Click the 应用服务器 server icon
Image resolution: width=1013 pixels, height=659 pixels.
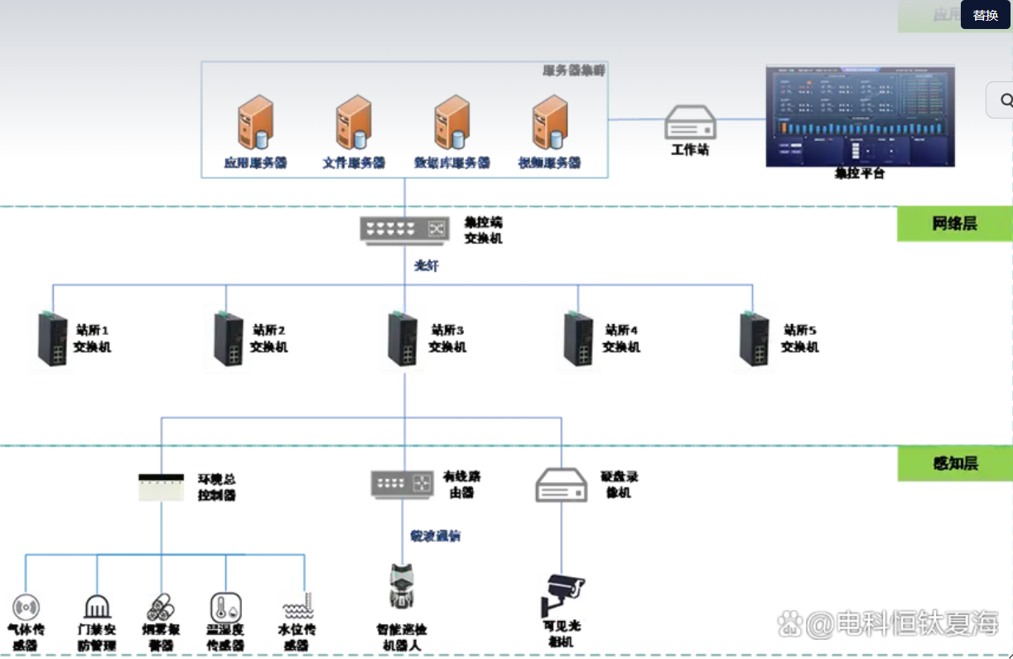coord(255,122)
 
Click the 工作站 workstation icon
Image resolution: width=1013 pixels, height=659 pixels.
coord(690,123)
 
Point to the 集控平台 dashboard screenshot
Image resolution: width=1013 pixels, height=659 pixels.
coord(860,115)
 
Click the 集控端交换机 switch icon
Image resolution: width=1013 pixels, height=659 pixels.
coord(404,229)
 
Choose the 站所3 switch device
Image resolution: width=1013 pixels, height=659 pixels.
coord(403,338)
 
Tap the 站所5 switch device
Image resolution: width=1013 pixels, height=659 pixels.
coord(755,338)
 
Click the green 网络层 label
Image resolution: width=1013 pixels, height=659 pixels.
coord(954,224)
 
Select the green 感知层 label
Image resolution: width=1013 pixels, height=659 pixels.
coord(954,463)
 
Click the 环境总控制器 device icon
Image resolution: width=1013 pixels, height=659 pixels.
coord(161,487)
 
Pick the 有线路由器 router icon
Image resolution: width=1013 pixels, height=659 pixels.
coord(403,484)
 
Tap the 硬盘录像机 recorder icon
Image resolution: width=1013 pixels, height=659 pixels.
coord(561,485)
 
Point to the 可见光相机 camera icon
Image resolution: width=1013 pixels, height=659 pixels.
coord(562,594)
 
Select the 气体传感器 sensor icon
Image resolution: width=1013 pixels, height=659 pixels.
coord(26,608)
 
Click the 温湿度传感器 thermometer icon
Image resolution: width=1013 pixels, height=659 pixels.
coord(224,607)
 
